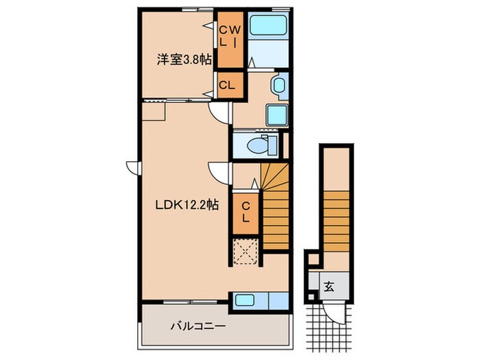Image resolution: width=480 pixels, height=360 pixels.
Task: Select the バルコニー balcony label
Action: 197,326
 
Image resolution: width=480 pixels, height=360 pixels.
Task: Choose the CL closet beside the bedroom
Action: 228,85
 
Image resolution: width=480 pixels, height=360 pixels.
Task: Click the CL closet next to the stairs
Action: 245,213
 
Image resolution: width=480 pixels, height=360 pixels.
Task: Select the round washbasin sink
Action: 278,86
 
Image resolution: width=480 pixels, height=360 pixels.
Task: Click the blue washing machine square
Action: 277,115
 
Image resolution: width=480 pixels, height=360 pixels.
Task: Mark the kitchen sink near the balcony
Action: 245,300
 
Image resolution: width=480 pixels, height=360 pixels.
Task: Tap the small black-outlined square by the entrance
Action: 313,259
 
